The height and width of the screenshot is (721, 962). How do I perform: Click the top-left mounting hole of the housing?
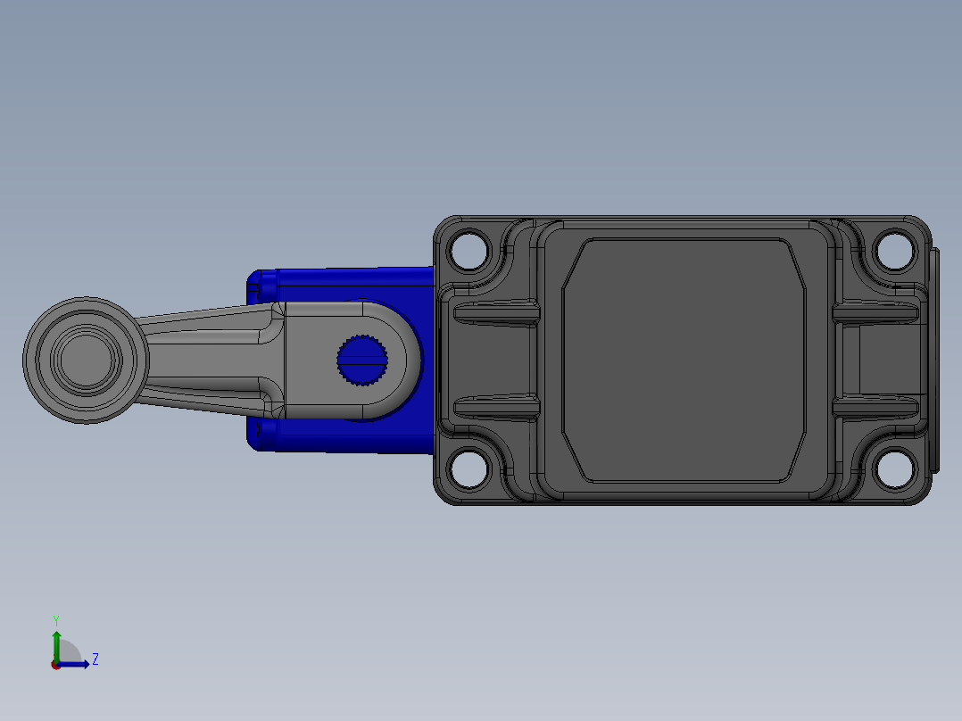pos(469,250)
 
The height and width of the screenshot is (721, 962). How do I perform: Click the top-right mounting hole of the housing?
pos(894,250)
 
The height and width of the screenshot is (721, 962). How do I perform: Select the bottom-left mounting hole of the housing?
pos(469,469)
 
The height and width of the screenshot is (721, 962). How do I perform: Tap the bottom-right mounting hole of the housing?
pos(894,469)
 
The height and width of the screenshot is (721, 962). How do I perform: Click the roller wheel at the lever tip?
pos(86,360)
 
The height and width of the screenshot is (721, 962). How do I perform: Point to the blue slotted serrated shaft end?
pos(362,360)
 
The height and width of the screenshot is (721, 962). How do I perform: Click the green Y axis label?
pos(56,621)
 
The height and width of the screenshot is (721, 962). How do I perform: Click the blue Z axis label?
pos(95,659)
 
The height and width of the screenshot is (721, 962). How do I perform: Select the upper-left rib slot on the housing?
pos(497,313)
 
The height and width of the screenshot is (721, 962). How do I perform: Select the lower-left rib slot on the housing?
pos(497,408)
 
